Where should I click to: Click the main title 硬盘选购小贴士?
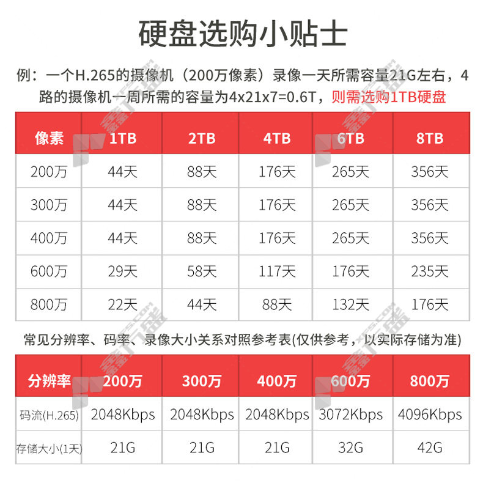[x=242, y=35]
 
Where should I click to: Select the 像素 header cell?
[x=49, y=138]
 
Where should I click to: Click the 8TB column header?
[x=429, y=138]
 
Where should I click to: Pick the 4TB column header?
[x=276, y=138]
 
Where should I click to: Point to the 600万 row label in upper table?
[x=49, y=271]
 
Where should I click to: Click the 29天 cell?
[x=122, y=271]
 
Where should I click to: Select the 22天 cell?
[x=122, y=304]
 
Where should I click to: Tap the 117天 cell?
[x=276, y=271]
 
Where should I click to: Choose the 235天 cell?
[x=429, y=271]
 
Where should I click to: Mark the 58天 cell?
[x=201, y=271]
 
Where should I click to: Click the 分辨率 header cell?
[x=49, y=382]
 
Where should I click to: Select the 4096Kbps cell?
[x=429, y=415]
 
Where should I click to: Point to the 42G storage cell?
[x=429, y=448]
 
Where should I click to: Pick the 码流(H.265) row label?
[x=49, y=415]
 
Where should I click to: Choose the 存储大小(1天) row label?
[x=49, y=448]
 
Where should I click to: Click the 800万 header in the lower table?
[x=429, y=382]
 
